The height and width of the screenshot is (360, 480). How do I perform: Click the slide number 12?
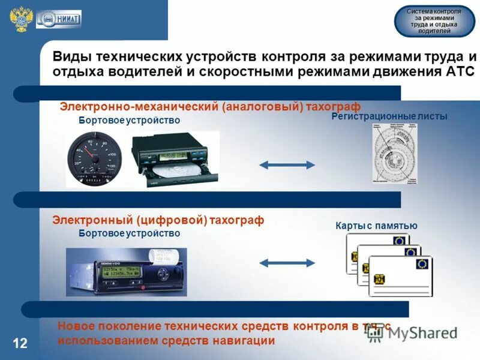(20, 343)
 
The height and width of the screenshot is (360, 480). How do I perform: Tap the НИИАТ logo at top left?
(58, 19)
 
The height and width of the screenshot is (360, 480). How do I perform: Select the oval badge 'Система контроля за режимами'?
(434, 22)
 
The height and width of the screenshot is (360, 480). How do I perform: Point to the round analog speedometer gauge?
(94, 159)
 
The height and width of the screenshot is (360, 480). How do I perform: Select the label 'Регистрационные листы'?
(389, 116)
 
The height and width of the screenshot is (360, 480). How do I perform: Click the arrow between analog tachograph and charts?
(287, 164)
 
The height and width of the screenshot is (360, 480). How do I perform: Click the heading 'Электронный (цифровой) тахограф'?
(158, 220)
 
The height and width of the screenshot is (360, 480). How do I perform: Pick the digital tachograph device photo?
(126, 272)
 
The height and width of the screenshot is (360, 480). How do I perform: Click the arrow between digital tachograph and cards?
(287, 262)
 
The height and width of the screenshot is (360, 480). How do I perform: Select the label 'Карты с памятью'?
(376, 226)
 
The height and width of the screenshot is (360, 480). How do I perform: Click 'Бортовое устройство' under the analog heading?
(129, 121)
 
